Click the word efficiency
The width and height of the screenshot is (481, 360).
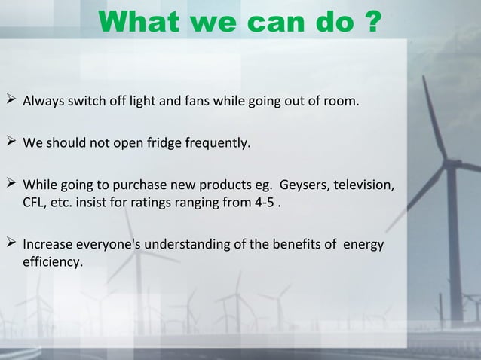[53, 263]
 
